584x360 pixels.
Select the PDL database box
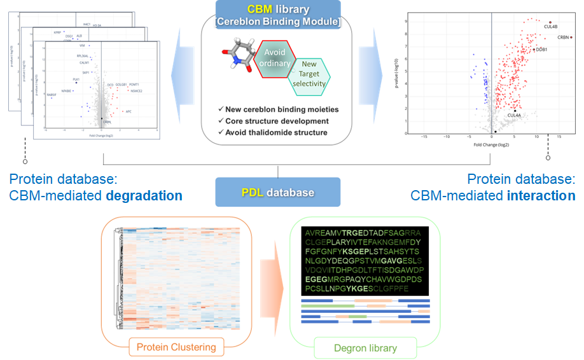click(277, 192)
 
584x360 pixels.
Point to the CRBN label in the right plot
click(564, 38)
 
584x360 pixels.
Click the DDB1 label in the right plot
click(541, 49)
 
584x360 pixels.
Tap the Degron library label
click(365, 348)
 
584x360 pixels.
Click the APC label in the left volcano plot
click(129, 112)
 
